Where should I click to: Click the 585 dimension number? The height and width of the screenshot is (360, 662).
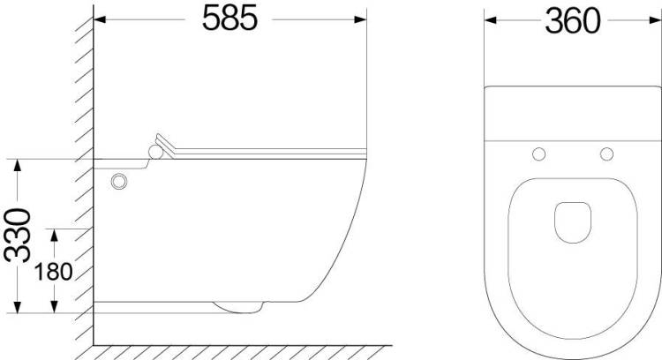(229, 19)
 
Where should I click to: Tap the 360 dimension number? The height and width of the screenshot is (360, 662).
(573, 21)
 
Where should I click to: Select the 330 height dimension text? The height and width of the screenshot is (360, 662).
(18, 235)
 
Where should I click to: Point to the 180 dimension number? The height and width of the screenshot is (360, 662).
(53, 272)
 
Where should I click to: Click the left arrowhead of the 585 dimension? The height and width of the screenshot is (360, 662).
(99, 19)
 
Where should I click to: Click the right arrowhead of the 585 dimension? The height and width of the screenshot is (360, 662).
(360, 19)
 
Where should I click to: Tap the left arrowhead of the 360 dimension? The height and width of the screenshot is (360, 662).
(491, 19)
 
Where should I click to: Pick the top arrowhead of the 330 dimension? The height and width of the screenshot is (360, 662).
(18, 165)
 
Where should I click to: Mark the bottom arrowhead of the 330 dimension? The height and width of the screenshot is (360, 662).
(18, 307)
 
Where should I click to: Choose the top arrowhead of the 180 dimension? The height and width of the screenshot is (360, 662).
(54, 235)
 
